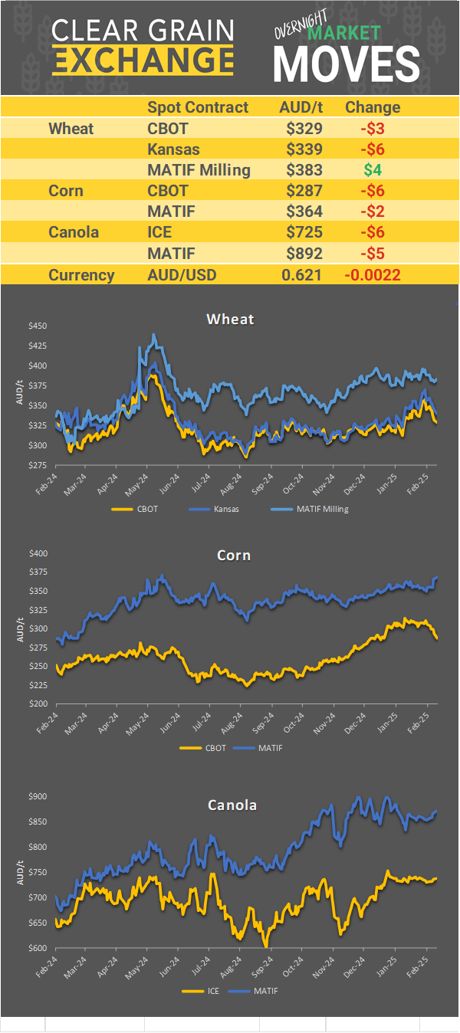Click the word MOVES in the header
[347, 64]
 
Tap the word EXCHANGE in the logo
[143, 59]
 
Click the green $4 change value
[373, 169]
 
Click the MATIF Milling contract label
[199, 169]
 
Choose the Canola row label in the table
[74, 231]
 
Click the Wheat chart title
[230, 319]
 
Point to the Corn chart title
[234, 555]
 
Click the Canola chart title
[232, 805]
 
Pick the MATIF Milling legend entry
[321, 508]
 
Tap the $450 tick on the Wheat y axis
[38, 326]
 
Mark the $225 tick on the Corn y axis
[38, 685]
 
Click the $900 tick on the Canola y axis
[38, 796]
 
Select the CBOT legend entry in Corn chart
[214, 748]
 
